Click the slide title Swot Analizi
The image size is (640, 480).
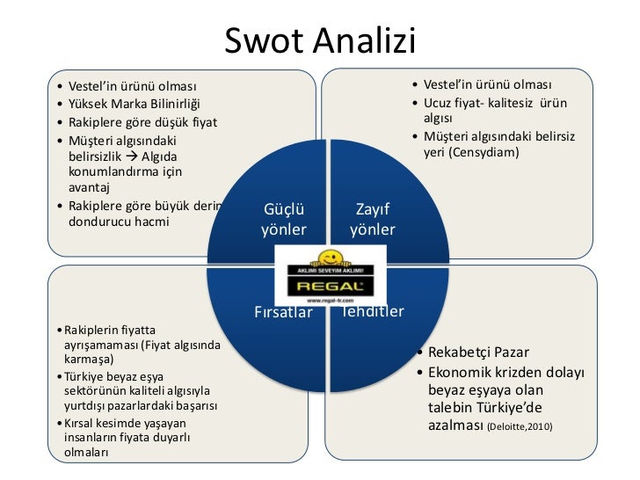(x=319, y=40)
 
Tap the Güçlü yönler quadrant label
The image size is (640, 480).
(x=283, y=220)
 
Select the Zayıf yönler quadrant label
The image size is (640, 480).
(x=373, y=220)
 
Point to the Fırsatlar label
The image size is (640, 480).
(x=283, y=312)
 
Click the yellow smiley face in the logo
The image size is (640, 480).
(x=330, y=258)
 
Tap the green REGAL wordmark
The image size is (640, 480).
(x=330, y=286)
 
